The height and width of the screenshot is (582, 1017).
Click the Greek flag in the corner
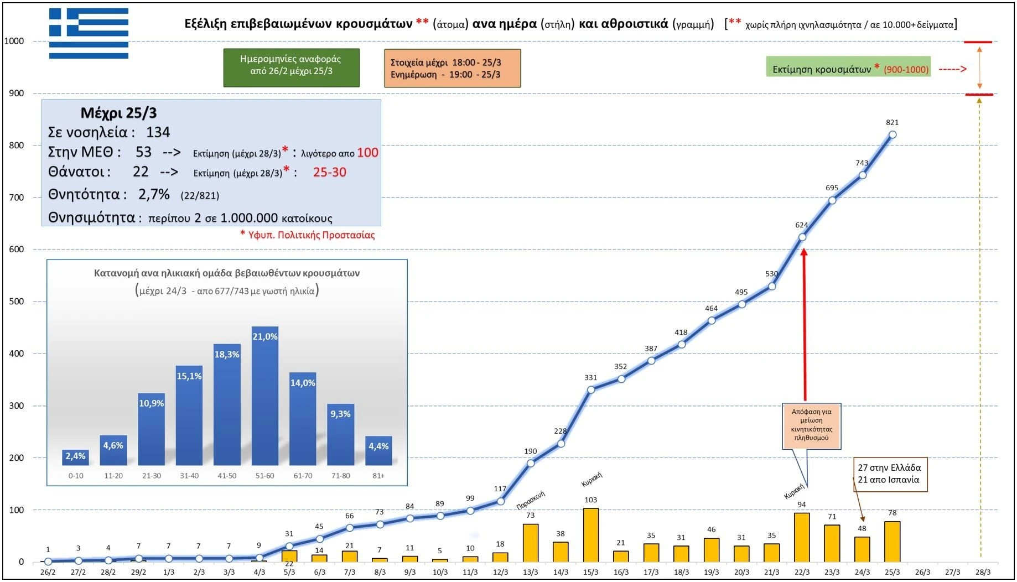tap(89, 33)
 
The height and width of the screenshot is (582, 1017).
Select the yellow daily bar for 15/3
tap(590, 534)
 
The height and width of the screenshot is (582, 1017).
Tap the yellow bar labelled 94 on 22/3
tap(801, 537)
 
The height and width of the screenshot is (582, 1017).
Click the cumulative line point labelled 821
tap(892, 134)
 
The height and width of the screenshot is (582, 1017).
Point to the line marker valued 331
tap(591, 389)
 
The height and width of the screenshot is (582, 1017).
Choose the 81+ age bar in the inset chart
tap(378, 451)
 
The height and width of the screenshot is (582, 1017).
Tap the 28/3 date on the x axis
tap(983, 572)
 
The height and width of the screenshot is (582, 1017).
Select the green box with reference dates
tap(291, 67)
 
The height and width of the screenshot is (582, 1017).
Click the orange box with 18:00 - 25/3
tap(452, 68)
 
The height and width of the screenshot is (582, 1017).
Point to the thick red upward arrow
tap(804, 324)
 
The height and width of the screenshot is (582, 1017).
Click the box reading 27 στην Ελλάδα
tap(890, 474)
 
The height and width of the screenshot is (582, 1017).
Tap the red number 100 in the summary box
tap(367, 153)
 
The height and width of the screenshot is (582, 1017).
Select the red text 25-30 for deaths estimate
tap(329, 172)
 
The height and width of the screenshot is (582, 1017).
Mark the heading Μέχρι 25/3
tap(118, 113)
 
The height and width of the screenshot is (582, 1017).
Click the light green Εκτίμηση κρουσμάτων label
tap(848, 69)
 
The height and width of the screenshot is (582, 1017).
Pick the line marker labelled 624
tap(802, 237)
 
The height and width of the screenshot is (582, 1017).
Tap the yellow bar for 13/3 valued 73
tap(530, 543)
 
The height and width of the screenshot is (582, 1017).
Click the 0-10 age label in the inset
tap(76, 476)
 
